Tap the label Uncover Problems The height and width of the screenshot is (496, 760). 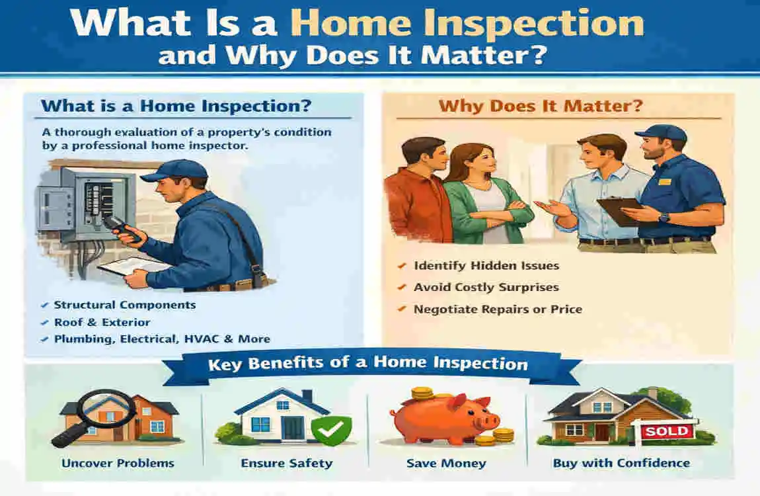click(x=118, y=463)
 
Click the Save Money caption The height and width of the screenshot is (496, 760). click(x=446, y=463)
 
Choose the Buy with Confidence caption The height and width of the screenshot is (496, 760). click(x=621, y=463)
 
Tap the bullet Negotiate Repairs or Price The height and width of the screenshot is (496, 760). click(x=497, y=309)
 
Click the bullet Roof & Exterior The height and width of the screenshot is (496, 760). click(x=102, y=322)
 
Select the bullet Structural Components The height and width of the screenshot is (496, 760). click(x=124, y=305)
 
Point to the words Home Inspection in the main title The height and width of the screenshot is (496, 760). click(x=467, y=23)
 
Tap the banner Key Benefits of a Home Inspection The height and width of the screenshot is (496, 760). click(x=367, y=363)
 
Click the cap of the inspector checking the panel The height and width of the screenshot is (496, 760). click(x=173, y=170)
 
